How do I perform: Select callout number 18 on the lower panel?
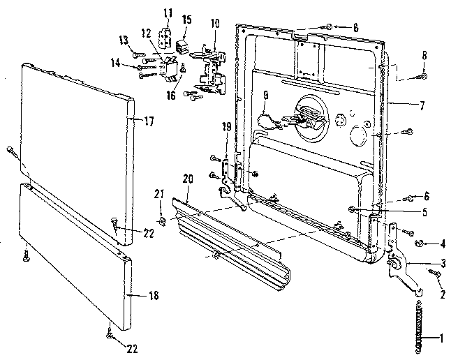pyautogui.click(x=154, y=297)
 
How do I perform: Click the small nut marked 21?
pyautogui.click(x=161, y=223)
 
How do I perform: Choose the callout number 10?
pyautogui.click(x=215, y=23)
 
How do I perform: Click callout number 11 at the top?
pyautogui.click(x=167, y=13)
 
